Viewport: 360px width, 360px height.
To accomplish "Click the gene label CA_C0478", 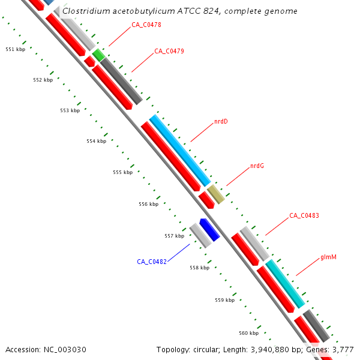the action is tap(146, 25).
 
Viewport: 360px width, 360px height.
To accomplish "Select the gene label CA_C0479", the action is tap(169, 51).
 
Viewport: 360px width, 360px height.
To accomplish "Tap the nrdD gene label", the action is tap(221, 122).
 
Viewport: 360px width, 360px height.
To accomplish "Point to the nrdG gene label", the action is tap(257, 166).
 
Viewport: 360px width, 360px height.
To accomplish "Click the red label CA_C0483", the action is tap(304, 215).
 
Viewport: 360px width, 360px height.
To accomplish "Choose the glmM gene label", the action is tap(328, 257).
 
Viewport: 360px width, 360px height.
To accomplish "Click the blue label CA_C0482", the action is tap(151, 262).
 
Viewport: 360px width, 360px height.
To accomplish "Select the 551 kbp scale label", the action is tap(15, 49).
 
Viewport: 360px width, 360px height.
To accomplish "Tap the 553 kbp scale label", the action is tap(70, 110).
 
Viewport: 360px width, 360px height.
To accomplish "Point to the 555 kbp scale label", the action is tap(122, 172).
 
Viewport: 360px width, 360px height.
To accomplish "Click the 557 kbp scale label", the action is tap(174, 236).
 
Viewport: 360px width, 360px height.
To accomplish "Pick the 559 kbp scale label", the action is tap(224, 300).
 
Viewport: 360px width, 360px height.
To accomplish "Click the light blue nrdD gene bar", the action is tap(180, 150).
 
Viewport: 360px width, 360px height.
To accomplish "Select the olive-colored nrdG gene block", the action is tap(216, 194).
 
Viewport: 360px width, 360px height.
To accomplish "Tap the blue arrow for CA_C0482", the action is tap(209, 229).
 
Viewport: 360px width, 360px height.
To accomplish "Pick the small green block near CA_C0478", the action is tap(98, 55).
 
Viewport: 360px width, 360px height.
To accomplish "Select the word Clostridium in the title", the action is tap(83, 11).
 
